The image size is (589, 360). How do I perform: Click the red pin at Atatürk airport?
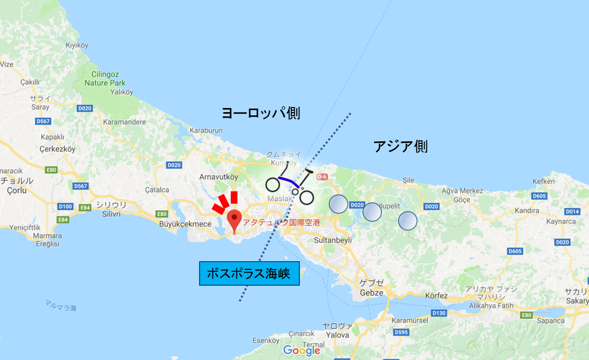pos(235,219)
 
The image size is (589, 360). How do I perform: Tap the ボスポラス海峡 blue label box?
pos(249,273)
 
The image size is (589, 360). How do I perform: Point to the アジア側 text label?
pos(400,146)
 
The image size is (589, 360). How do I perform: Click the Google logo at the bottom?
pos(301,351)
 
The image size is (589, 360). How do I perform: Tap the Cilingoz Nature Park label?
pos(105,78)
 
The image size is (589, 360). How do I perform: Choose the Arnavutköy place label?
pos(219,177)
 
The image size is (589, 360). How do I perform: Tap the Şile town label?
pos(408,180)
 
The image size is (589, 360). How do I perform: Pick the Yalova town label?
pos(337,334)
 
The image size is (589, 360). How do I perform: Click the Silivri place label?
pos(111,214)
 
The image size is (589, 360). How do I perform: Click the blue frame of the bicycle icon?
pos(289,182)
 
